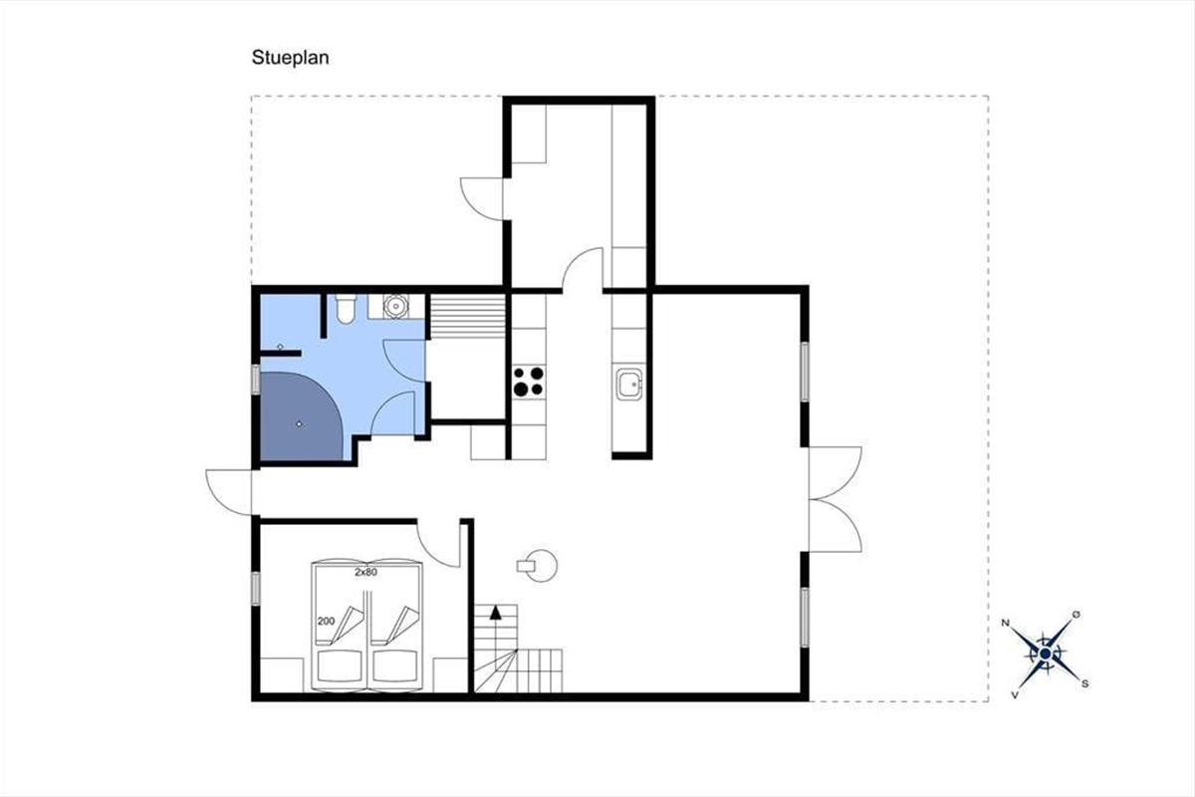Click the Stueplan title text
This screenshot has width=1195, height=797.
[x=290, y=58]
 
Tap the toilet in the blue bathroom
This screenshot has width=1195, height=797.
[x=346, y=309]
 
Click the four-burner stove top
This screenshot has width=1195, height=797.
[x=528, y=382]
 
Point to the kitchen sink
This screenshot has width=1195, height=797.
[x=629, y=384]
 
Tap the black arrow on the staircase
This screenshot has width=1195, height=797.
[x=496, y=613]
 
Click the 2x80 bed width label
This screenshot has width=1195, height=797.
[x=366, y=572]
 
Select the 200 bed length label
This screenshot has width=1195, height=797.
[x=326, y=621]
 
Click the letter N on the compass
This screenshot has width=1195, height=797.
[x=1005, y=623]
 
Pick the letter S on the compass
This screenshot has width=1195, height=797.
[x=1085, y=683]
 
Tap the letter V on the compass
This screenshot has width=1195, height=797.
[x=1015, y=695]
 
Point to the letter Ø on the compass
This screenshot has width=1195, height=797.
[x=1076, y=615]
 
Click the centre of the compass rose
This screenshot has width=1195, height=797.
[x=1045, y=654]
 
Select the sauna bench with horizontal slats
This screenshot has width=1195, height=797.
[x=468, y=316]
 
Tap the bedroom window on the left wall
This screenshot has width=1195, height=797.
[x=256, y=588]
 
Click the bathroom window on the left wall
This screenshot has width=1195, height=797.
[x=256, y=380]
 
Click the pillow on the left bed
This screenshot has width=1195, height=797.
[x=339, y=665]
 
